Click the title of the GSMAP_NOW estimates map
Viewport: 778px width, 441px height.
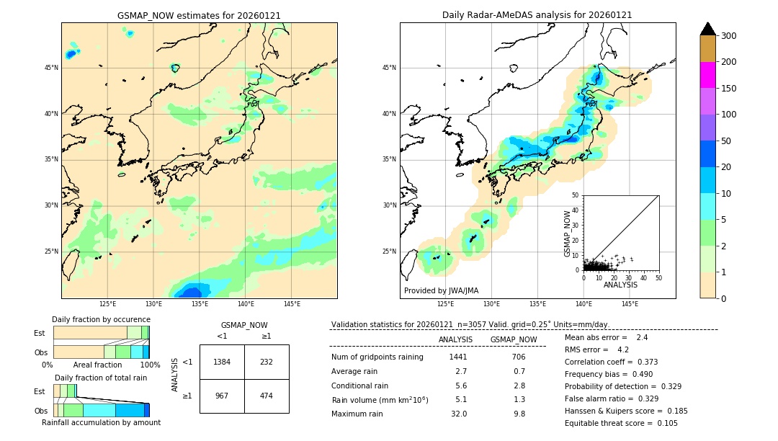(x=199, y=15)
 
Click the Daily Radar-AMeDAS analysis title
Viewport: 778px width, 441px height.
(x=537, y=15)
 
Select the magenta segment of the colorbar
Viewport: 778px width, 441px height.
(x=707, y=75)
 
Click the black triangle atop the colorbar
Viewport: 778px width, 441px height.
(x=707, y=29)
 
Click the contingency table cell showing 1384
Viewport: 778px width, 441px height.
(x=222, y=362)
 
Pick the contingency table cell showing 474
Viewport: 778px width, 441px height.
(x=267, y=396)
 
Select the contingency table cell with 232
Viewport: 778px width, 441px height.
(x=267, y=362)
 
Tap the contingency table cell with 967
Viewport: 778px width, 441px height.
(x=222, y=396)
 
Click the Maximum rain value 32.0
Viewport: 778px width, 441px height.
(x=458, y=414)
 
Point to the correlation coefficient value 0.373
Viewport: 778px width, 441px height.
(x=643, y=362)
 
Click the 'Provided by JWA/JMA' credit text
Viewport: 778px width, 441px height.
(x=441, y=291)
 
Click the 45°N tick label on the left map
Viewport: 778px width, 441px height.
(x=51, y=68)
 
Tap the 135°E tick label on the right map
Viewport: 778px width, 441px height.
(x=537, y=304)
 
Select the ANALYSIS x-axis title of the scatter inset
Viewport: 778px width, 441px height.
(x=620, y=285)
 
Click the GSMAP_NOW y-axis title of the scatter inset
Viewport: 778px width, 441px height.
(x=568, y=233)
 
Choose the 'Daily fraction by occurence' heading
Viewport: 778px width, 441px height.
(x=101, y=319)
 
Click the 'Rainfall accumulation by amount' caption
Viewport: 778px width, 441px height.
(x=101, y=422)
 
